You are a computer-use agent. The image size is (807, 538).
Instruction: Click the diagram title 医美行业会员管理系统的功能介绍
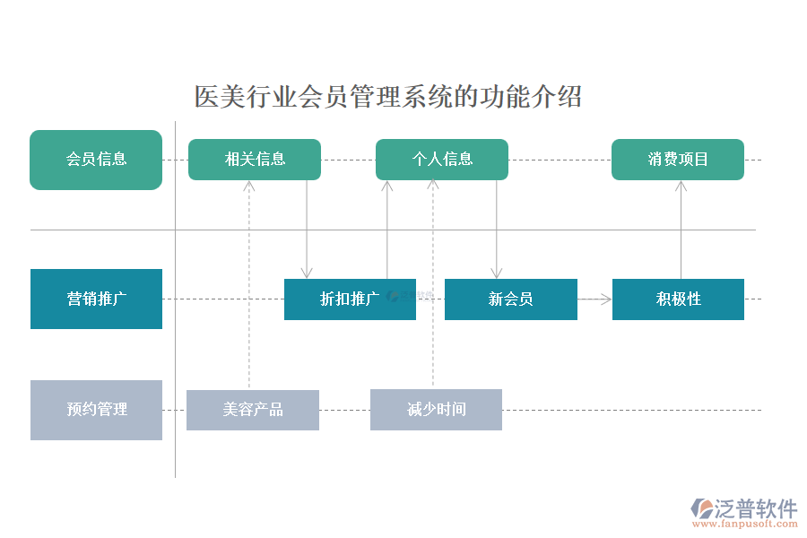click(x=388, y=97)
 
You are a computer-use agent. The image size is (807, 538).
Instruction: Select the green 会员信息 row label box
click(x=96, y=160)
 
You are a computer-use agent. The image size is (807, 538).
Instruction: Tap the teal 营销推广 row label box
click(x=96, y=299)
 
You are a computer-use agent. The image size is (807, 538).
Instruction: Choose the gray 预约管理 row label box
click(x=96, y=410)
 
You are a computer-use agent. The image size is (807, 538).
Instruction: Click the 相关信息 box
click(x=255, y=160)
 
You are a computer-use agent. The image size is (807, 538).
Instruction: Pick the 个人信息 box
click(x=442, y=160)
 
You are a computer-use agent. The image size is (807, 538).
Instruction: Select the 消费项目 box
click(x=678, y=160)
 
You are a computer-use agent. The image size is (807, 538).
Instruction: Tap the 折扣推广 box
click(x=350, y=299)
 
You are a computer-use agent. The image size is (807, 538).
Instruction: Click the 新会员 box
click(x=510, y=299)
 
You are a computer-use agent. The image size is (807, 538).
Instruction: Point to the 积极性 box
click(x=678, y=299)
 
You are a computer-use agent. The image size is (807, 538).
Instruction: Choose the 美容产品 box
click(x=253, y=410)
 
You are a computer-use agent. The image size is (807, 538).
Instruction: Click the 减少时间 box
click(x=436, y=410)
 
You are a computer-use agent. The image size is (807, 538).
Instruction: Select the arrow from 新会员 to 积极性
click(x=594, y=299)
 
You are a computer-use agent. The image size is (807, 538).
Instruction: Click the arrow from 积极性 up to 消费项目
click(x=681, y=230)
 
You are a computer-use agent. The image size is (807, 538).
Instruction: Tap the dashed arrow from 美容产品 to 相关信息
click(x=249, y=287)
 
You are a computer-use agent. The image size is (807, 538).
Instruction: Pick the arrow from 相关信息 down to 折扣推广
click(x=307, y=230)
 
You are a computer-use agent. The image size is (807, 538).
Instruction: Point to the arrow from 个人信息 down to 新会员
click(x=496, y=230)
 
